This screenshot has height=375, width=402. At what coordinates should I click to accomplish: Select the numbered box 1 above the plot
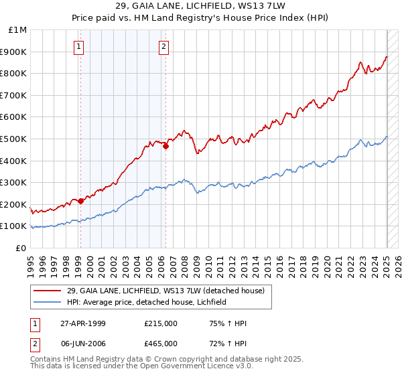pyautogui.click(x=80, y=46)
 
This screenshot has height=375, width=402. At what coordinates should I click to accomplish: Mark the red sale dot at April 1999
pyautogui.click(x=81, y=201)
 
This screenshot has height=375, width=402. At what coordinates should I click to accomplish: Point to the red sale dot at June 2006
pyautogui.click(x=165, y=147)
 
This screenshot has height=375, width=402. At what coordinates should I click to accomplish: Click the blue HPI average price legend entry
pyautogui.click(x=147, y=302)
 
